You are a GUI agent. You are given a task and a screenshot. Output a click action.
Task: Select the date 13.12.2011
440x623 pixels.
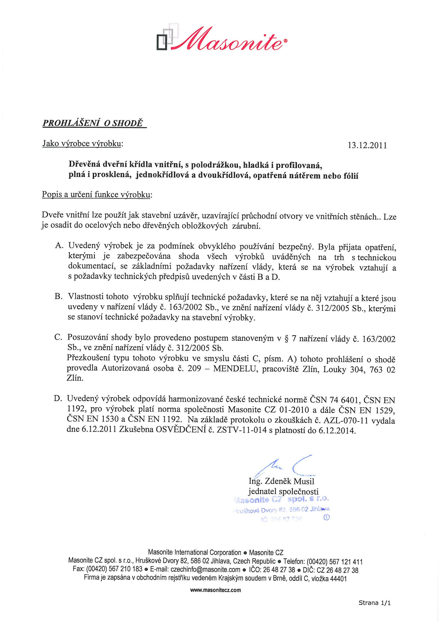pyautogui.click(x=367, y=146)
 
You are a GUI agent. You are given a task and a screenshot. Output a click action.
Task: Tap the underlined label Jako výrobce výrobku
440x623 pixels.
pyautogui.click(x=82, y=143)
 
